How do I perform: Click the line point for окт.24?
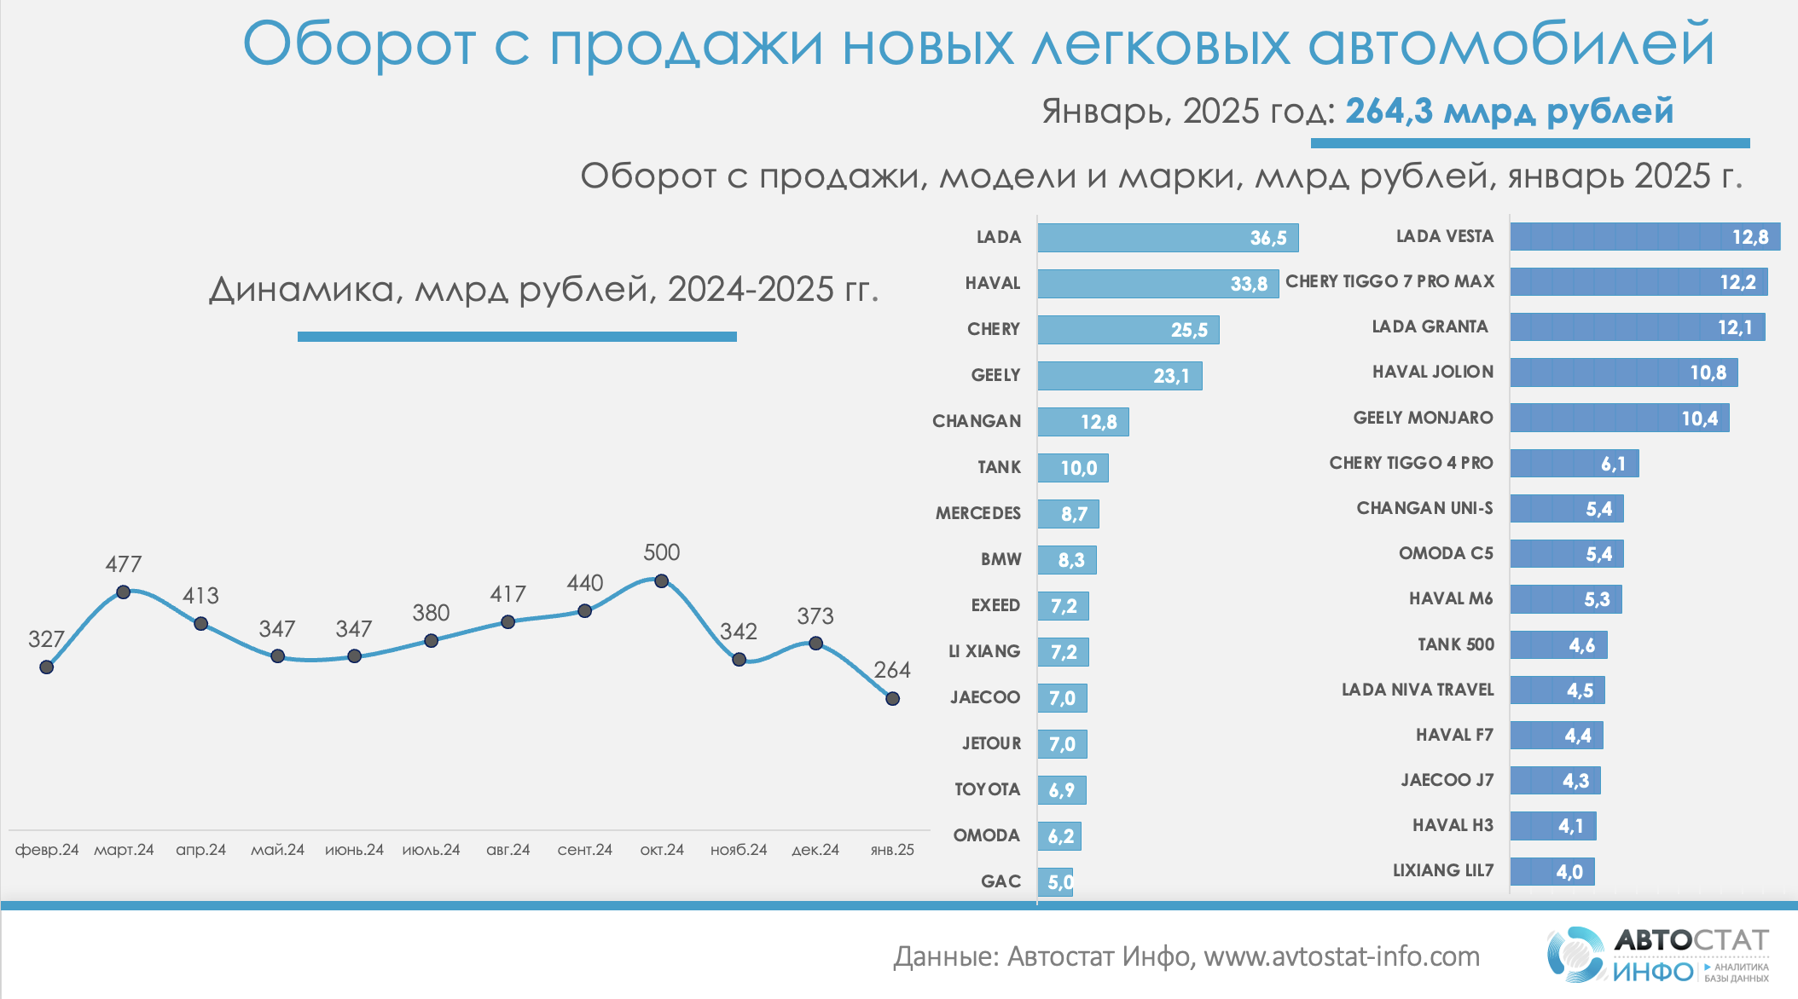(x=661, y=581)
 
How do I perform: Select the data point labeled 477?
(x=123, y=592)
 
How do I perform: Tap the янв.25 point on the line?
(x=892, y=699)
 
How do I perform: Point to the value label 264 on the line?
(x=892, y=670)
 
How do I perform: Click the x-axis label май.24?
(x=277, y=850)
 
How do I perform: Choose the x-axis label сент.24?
(x=584, y=850)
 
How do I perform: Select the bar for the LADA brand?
(x=1167, y=238)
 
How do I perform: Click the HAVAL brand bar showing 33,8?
(x=1157, y=284)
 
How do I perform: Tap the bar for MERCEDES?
(x=1068, y=514)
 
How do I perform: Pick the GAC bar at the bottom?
(x=1055, y=881)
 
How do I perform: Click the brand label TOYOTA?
(x=987, y=789)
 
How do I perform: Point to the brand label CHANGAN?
(x=977, y=421)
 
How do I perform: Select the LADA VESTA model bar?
(x=1644, y=237)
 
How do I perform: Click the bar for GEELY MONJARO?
(x=1619, y=418)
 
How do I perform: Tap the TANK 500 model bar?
(x=1558, y=645)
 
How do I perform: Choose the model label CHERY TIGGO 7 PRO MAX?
(x=1389, y=281)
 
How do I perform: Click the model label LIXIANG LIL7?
(x=1443, y=870)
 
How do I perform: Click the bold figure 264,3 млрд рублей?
(x=1509, y=112)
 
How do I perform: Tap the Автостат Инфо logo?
(x=1656, y=955)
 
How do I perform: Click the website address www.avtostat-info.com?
(x=1342, y=956)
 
